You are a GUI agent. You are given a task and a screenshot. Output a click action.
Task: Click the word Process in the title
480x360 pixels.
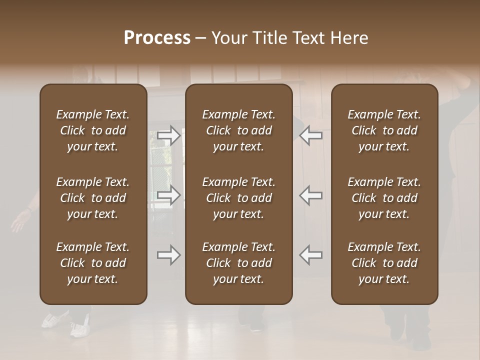point(157,38)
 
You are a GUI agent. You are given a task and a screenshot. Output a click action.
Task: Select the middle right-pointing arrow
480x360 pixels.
point(168,195)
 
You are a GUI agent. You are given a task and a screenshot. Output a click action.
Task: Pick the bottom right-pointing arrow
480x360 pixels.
point(168,255)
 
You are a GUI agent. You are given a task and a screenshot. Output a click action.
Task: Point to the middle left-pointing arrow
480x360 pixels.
point(310,195)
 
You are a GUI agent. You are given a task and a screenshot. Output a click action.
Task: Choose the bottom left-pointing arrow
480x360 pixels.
point(310,255)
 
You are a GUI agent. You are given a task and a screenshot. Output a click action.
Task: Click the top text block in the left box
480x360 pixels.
point(93,130)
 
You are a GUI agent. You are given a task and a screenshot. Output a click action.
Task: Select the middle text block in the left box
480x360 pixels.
point(93,198)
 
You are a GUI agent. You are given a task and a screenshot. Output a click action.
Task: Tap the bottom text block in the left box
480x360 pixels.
point(93,263)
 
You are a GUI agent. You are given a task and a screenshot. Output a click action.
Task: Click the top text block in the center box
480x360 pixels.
point(238,130)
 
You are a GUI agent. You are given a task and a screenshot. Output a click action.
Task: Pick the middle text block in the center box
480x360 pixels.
point(238,198)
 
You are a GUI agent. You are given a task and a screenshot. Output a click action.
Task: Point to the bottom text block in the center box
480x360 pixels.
point(238,263)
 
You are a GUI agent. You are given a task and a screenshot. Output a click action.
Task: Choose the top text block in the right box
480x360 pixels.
point(384,130)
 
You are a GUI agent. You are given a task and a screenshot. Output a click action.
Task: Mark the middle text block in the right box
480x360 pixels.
point(384,198)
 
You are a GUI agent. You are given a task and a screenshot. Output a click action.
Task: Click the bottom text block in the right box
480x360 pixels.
point(384,263)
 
